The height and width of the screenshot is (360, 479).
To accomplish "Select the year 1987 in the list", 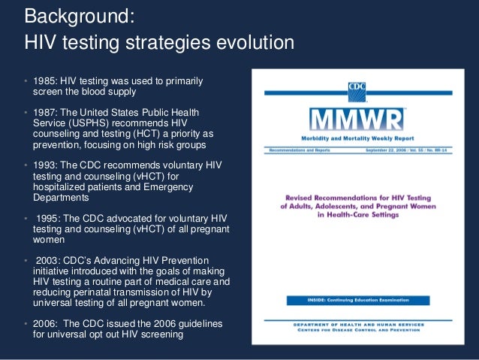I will [42, 113].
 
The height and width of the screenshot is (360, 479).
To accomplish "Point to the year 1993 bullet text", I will [42, 165].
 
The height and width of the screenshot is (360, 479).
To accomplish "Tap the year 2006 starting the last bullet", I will [42, 322].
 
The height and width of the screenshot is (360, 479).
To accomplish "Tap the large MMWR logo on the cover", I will [356, 119].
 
